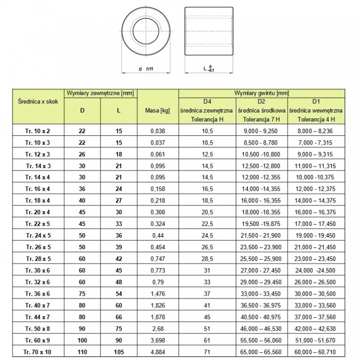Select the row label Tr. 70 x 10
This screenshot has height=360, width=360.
(37, 351)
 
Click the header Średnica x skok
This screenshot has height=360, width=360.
(37, 102)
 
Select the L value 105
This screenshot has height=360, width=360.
(117, 351)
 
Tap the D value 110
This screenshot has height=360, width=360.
(82, 351)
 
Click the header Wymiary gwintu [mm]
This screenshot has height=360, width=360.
(261, 93)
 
